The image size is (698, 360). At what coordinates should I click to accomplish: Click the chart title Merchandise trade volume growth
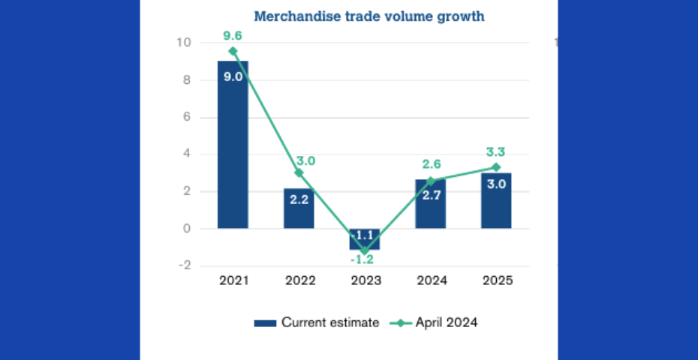click(369, 16)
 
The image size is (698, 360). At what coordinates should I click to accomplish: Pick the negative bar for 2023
click(365, 239)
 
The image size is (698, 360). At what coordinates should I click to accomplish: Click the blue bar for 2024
click(431, 204)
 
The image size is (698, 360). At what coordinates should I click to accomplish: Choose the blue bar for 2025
click(496, 201)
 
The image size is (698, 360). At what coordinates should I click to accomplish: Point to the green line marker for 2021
click(233, 51)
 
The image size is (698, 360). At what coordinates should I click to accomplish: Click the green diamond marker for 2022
click(299, 172)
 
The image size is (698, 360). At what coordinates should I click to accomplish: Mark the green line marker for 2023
click(365, 250)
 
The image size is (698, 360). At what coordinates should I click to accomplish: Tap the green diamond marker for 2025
click(496, 167)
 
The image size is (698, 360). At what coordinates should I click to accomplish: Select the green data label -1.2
click(365, 260)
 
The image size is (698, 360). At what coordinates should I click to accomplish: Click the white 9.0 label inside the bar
click(233, 76)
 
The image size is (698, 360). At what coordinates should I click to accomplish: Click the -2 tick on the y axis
click(184, 265)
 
